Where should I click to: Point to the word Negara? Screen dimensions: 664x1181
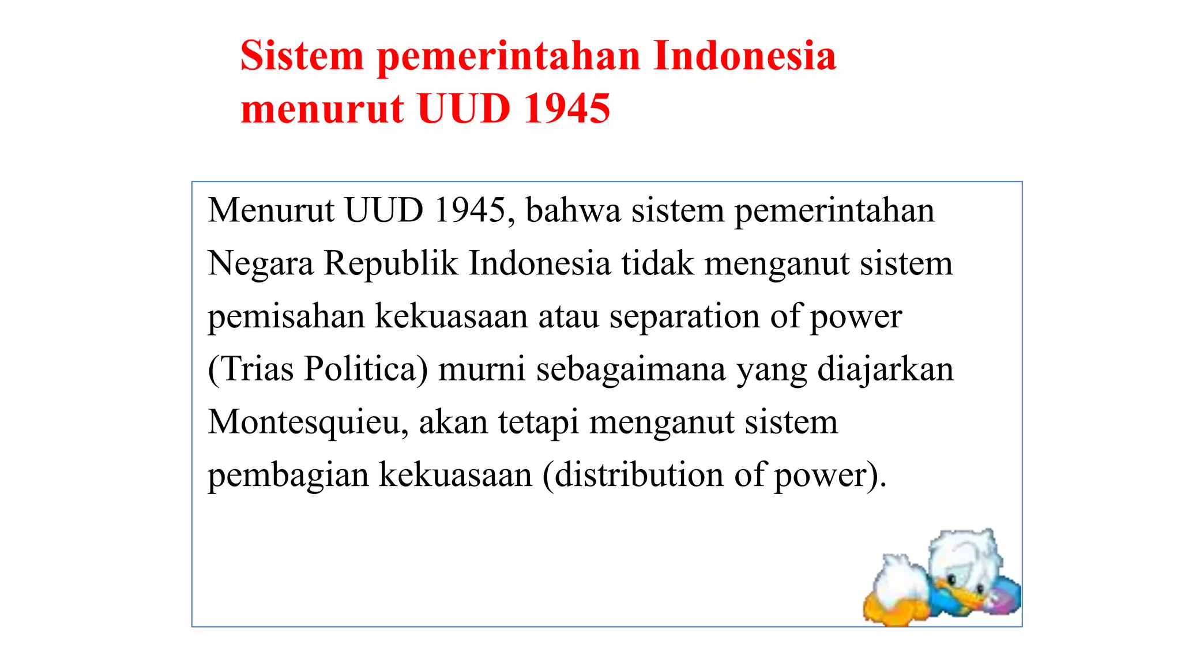261,263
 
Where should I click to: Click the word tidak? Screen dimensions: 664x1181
657,263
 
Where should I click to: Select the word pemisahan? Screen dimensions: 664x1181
286,316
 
